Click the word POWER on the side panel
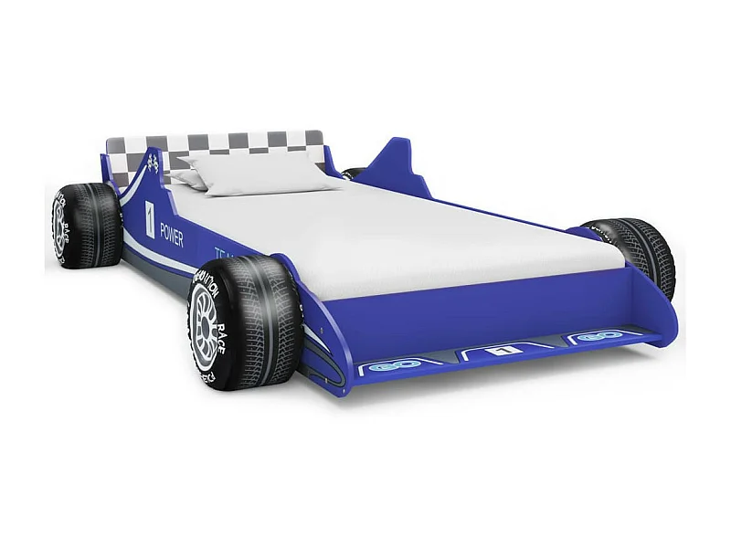coord(171,234)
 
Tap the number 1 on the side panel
coord(150,219)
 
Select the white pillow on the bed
coord(258,173)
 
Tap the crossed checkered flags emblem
coord(154,164)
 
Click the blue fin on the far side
coord(399,164)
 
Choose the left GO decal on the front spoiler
coord(382,365)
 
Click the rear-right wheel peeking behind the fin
coord(355,173)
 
